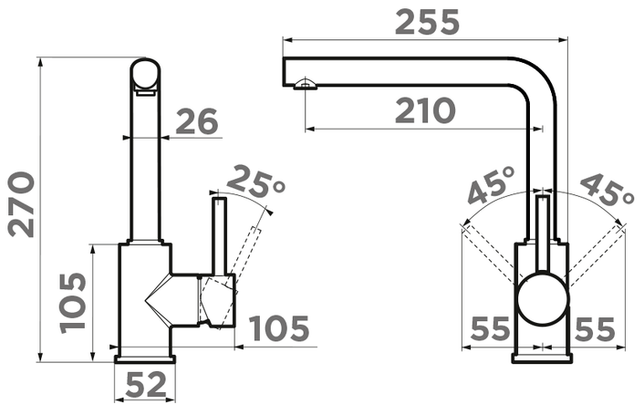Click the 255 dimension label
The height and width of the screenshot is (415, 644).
(427, 23)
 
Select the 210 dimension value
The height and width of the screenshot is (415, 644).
(425, 110)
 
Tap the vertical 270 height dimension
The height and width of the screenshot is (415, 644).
(21, 204)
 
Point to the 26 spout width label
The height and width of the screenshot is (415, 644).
(197, 121)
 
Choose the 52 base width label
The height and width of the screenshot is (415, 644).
(146, 385)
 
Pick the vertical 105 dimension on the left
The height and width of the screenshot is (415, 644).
(73, 303)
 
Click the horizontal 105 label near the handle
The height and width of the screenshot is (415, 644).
(279, 328)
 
